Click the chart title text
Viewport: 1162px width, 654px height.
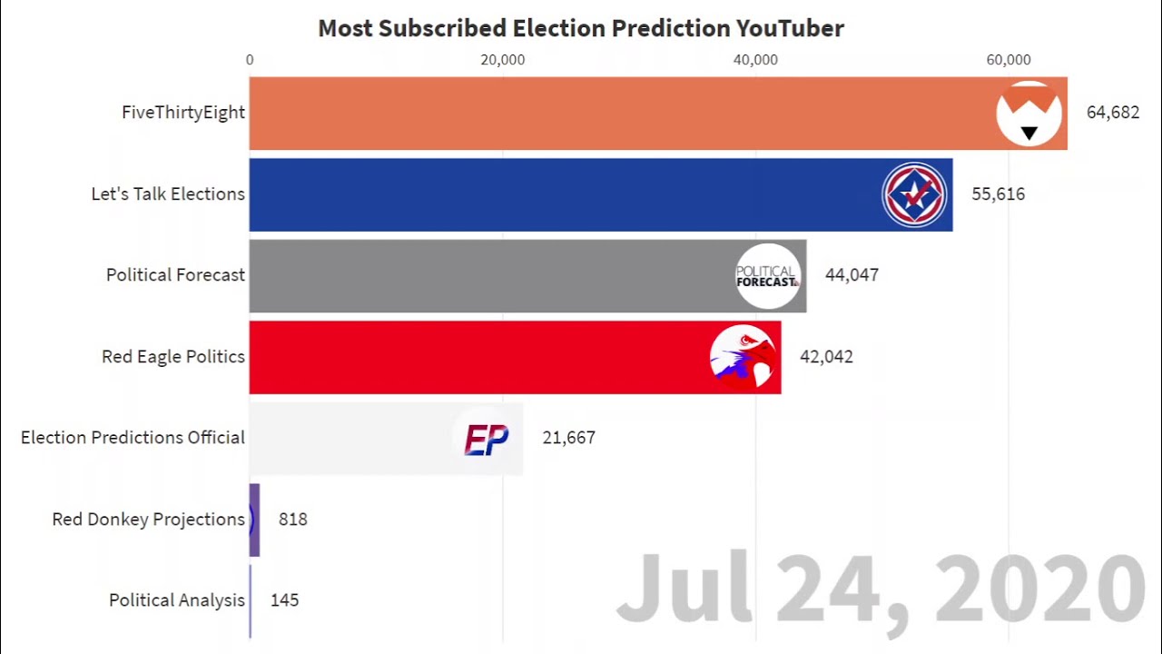click(581, 28)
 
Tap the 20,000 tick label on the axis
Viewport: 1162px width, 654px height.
click(503, 60)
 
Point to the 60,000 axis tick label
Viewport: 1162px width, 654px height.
click(1009, 60)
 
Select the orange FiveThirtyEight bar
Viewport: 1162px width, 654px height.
click(617, 114)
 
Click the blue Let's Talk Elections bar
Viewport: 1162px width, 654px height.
click(563, 194)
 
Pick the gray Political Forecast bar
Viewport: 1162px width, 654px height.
click(490, 275)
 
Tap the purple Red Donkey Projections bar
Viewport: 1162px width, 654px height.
click(255, 520)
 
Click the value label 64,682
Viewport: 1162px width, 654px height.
click(1112, 113)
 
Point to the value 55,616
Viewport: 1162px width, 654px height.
click(998, 194)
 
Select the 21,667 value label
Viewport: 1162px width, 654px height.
click(568, 438)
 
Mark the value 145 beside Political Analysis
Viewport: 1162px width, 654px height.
click(284, 600)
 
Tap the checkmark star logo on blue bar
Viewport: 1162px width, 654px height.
click(914, 194)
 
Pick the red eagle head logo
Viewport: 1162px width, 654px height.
click(743, 357)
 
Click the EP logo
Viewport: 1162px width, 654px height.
click(487, 439)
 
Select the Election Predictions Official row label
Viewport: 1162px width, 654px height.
click(133, 438)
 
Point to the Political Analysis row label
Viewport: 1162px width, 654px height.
click(176, 600)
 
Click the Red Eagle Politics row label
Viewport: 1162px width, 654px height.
click(172, 357)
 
